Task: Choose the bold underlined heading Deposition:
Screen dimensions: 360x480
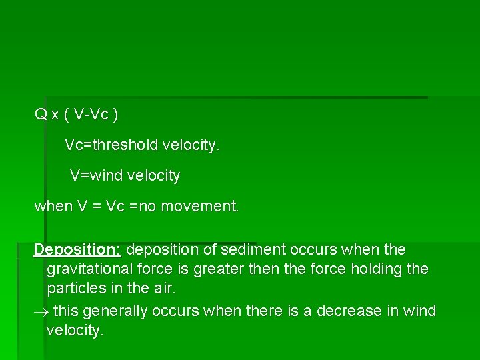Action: click(x=77, y=249)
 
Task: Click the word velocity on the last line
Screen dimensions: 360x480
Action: click(x=75, y=331)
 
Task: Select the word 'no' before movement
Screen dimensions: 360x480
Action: click(x=147, y=206)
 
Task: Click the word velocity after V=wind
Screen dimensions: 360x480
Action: click(x=155, y=176)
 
